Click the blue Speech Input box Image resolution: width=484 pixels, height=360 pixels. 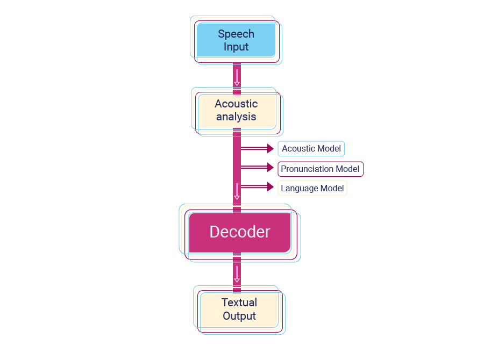pos(236,40)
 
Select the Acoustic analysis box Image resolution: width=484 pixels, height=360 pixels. pos(237,111)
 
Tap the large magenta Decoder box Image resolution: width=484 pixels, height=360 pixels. pos(239,232)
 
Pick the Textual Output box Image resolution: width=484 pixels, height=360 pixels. pos(239,309)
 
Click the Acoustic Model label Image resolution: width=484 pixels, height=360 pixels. pos(311,149)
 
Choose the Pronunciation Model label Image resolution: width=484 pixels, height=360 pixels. pos(320,169)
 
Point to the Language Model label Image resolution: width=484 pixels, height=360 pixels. pos(312,189)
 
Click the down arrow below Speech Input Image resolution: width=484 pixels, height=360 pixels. pos(237,77)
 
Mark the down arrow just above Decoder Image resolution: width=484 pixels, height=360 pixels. pos(237,191)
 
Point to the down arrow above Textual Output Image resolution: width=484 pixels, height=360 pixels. pos(237,274)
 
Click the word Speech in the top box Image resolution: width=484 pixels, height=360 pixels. pos(236,34)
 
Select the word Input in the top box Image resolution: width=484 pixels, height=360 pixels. pos(236,47)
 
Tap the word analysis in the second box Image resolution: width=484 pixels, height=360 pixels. pos(236,117)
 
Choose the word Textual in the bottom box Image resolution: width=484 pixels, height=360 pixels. pos(239,303)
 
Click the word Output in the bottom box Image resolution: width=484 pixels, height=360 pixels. pos(239,316)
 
